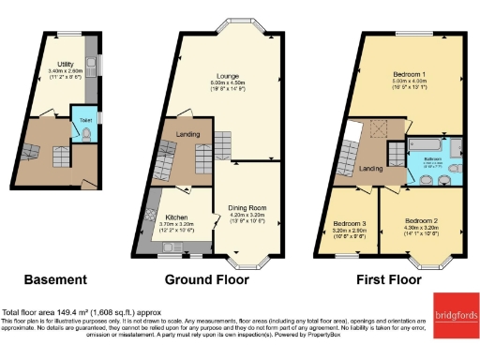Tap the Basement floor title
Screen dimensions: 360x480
[55, 279]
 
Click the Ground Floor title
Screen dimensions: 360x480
[207, 279]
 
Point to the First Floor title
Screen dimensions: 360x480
[389, 279]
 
